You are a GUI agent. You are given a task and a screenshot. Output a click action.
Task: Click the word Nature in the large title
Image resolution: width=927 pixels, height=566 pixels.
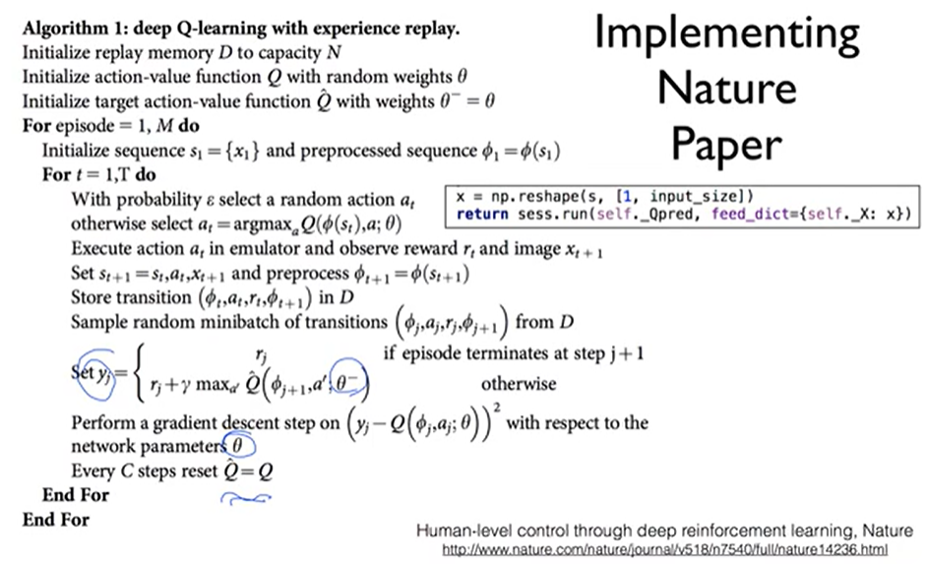[726, 89]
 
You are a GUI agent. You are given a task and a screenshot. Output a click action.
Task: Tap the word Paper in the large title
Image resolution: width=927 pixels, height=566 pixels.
[726, 145]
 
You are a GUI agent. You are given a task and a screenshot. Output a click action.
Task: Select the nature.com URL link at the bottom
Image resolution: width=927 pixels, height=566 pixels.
[664, 549]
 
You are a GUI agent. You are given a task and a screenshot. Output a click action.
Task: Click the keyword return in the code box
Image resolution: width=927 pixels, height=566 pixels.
[482, 215]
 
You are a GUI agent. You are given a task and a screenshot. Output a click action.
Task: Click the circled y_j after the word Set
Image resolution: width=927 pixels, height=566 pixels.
[96, 374]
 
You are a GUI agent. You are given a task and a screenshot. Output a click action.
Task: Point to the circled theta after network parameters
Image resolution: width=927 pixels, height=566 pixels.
[239, 445]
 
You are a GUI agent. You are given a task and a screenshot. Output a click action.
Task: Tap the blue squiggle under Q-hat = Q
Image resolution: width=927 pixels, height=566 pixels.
[245, 499]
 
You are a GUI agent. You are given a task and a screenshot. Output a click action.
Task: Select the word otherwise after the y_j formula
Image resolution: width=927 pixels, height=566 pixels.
[519, 384]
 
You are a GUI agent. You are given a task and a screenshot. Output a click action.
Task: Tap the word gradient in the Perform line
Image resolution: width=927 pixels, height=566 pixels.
[186, 423]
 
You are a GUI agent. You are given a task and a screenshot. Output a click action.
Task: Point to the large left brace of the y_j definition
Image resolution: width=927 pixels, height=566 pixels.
[139, 373]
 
